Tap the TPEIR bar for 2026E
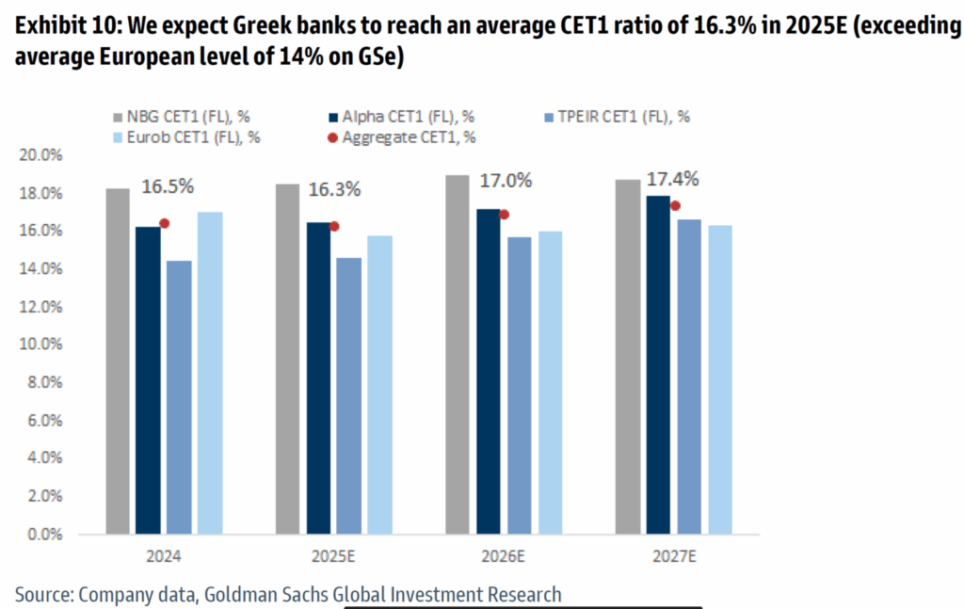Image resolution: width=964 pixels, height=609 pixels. [519, 385]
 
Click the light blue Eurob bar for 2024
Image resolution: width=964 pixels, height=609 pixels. [210, 373]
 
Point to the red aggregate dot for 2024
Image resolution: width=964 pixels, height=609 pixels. [164, 223]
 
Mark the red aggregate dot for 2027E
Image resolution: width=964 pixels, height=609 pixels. [675, 205]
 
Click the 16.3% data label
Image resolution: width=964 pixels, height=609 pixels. [334, 189]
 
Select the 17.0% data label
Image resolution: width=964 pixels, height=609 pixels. [506, 180]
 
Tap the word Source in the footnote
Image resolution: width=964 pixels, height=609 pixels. [42, 594]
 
